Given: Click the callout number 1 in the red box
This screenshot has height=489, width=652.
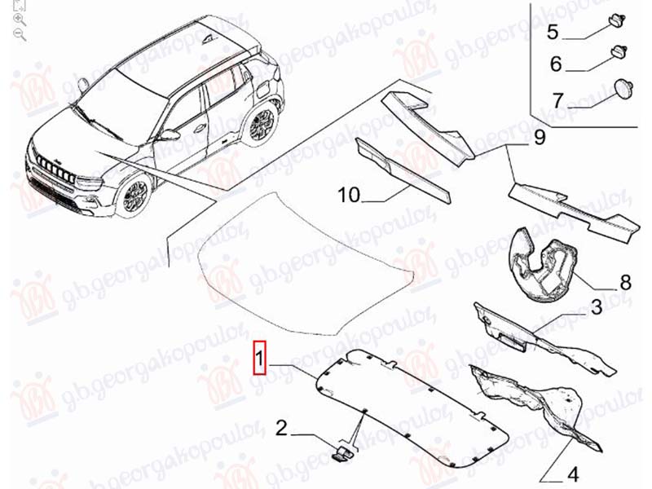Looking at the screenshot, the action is (x=259, y=358).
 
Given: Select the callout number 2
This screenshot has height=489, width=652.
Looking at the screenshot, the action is (x=281, y=428).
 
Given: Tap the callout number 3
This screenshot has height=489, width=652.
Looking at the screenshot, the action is (x=597, y=307).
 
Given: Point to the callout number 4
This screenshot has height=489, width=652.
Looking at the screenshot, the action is (x=573, y=474).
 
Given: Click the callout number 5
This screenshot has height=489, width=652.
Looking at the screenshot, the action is (x=553, y=32).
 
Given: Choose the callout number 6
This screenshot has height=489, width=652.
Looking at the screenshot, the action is (x=556, y=64).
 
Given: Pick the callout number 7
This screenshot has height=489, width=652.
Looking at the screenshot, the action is (x=557, y=99).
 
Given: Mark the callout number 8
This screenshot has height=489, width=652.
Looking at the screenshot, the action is (x=625, y=282).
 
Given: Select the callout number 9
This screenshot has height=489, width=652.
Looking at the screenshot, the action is (x=540, y=137).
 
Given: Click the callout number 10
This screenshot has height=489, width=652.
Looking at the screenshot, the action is (x=349, y=195).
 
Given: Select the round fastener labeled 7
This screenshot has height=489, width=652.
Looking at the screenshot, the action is (x=623, y=89).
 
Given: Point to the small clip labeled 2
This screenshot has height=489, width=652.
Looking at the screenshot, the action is (x=342, y=452).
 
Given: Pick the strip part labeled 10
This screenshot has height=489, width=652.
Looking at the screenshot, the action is (x=403, y=171).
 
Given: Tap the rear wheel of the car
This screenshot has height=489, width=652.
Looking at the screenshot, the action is (x=261, y=125).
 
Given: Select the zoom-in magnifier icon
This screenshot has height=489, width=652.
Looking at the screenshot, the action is (x=20, y=19).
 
